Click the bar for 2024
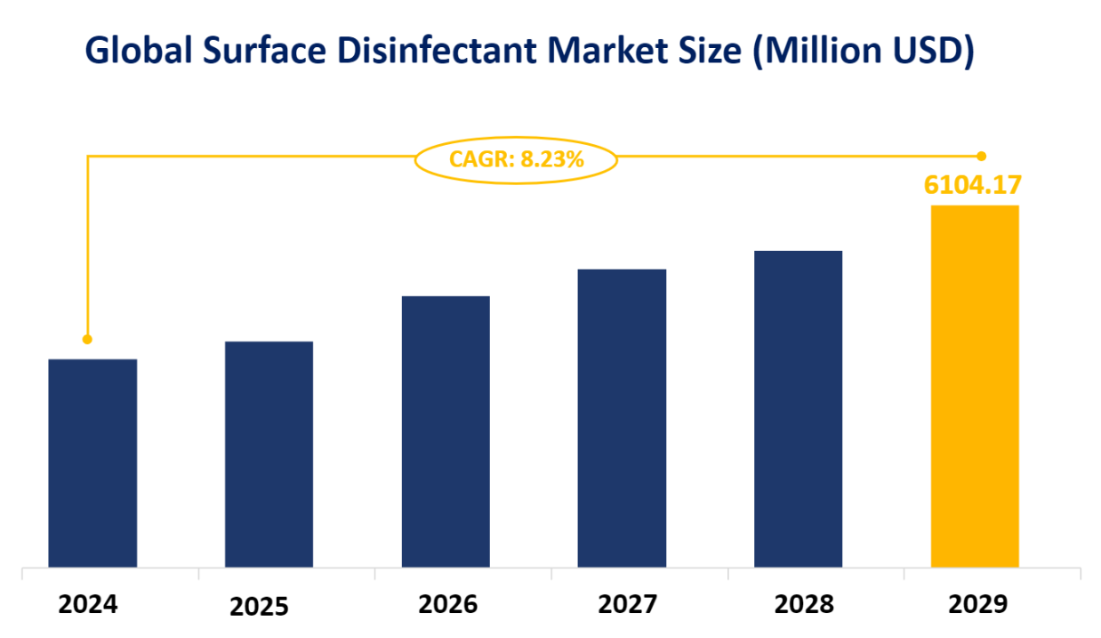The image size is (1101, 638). pyautogui.click(x=92, y=463)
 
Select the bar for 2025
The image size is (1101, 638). pyautogui.click(x=269, y=454)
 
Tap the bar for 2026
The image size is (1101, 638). pyautogui.click(x=446, y=432)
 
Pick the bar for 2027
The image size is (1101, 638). pyautogui.click(x=622, y=418)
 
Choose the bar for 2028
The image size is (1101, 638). pyautogui.click(x=798, y=409)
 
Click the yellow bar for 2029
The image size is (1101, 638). pyautogui.click(x=975, y=386)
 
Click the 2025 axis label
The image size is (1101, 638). pyautogui.click(x=260, y=607)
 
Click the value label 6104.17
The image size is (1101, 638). pyautogui.click(x=972, y=185)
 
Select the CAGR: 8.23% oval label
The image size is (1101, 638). pyautogui.click(x=516, y=160)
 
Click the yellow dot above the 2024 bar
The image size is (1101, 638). pyautogui.click(x=87, y=339)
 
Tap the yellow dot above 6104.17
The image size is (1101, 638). pyautogui.click(x=982, y=156)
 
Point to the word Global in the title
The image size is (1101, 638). pyautogui.click(x=141, y=52)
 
